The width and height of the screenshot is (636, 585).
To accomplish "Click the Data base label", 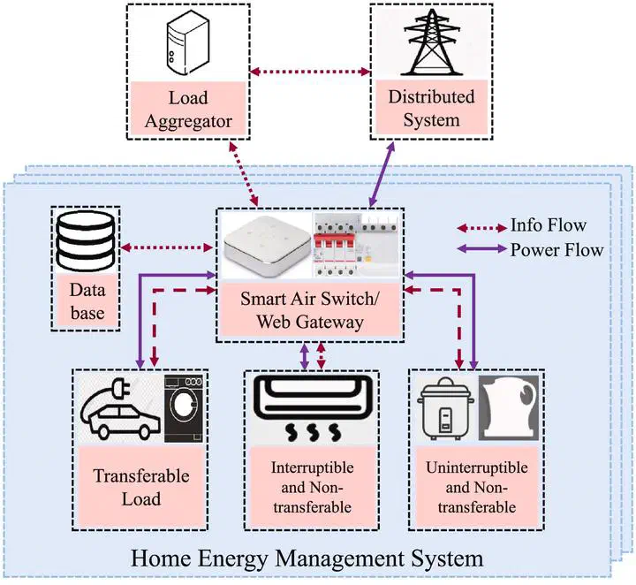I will tap(87, 300).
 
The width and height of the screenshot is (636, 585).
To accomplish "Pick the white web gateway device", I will tap(265, 247).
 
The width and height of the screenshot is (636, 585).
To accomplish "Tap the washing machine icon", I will tap(186, 407).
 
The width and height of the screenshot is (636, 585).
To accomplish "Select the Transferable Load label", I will tap(141, 487).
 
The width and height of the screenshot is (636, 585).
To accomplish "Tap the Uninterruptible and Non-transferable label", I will tap(476, 487).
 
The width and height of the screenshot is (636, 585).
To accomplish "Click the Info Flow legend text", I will tap(548, 224).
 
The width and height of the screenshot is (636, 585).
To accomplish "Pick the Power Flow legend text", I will tap(556, 249).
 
